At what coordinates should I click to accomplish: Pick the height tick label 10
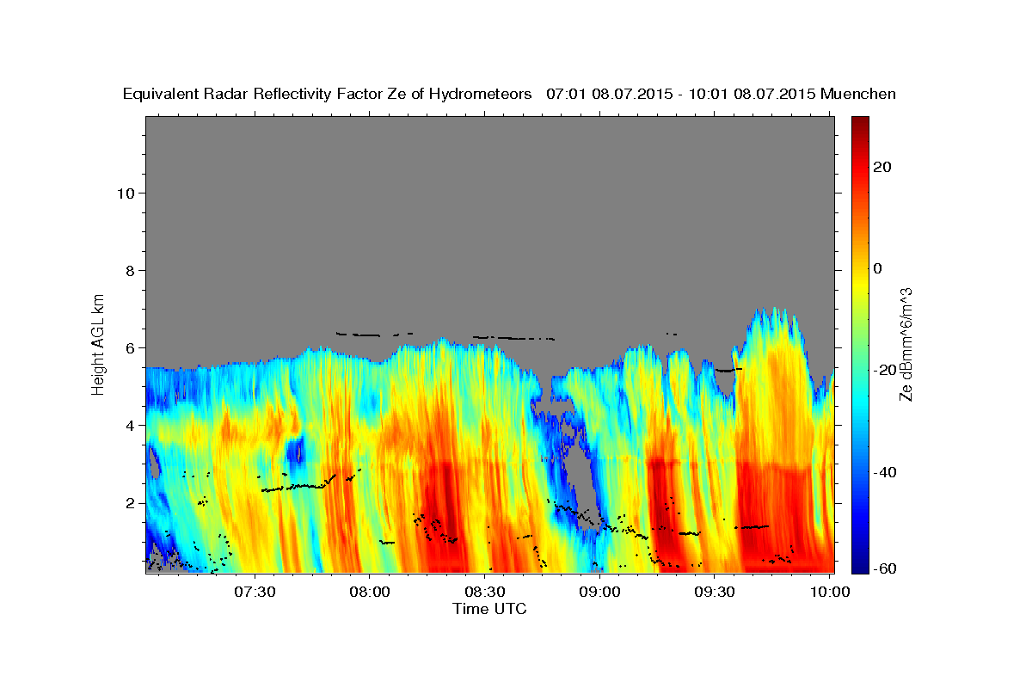click(x=125, y=193)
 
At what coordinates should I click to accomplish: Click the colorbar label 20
click(x=881, y=167)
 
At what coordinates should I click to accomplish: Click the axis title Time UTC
click(x=489, y=609)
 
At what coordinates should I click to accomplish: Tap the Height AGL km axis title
click(x=99, y=343)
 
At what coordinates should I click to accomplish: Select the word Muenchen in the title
click(x=859, y=94)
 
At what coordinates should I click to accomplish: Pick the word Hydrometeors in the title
click(x=486, y=94)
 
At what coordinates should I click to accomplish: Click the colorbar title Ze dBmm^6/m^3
click(x=906, y=344)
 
